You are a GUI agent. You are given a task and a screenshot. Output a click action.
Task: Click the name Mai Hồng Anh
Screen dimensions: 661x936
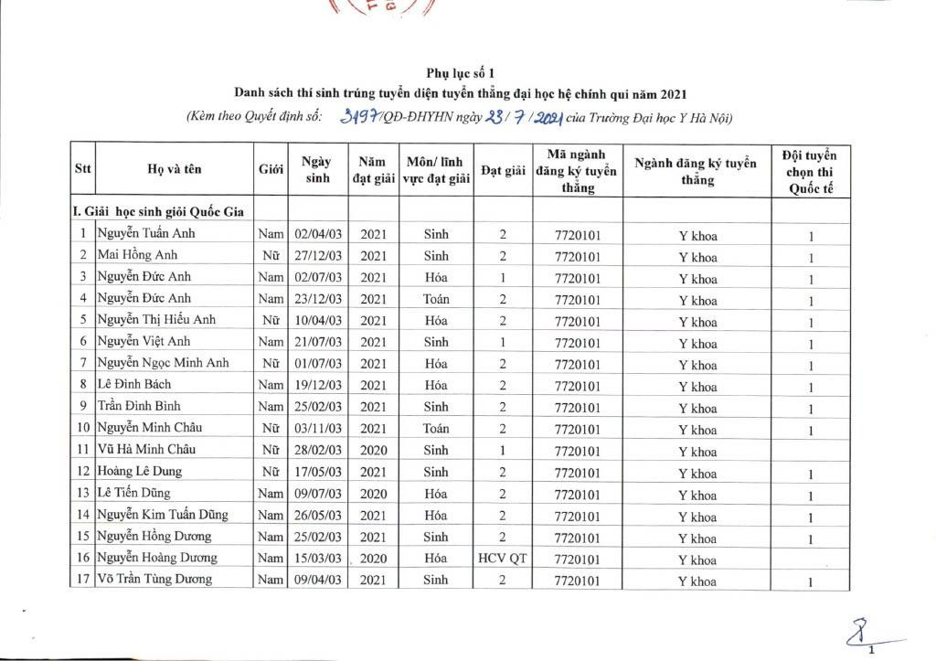[138, 255]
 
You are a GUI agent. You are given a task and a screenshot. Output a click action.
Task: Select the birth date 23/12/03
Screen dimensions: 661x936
[317, 298]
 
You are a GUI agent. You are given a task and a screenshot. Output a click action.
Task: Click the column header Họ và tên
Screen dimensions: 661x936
[174, 169]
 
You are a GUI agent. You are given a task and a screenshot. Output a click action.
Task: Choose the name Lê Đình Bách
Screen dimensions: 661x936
[134, 384]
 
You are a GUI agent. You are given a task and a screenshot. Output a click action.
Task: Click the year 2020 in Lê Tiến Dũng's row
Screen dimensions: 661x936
[373, 493]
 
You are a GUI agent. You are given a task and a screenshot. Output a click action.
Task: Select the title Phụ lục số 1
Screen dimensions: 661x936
[461, 73]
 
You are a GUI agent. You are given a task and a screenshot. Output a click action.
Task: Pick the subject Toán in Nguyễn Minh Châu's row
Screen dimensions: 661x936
[436, 428]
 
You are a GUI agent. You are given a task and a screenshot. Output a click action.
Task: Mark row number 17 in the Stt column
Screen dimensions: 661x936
[82, 580]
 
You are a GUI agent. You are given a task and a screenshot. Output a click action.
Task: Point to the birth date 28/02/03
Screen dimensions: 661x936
[317, 450]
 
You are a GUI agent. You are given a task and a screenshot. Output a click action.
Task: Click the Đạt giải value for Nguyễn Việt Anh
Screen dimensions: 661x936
[503, 343]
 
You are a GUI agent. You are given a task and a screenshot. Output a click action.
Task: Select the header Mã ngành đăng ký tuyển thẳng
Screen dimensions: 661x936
[577, 170]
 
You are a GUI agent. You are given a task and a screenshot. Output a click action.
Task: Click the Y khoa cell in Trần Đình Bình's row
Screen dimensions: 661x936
[697, 408]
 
